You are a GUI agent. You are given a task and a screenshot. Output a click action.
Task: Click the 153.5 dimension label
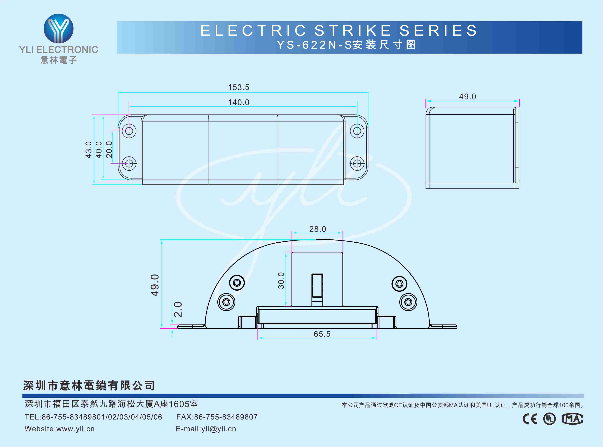[238, 87]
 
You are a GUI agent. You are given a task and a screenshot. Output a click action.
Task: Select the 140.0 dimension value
[238, 102]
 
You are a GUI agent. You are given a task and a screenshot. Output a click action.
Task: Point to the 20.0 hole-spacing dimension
[109, 149]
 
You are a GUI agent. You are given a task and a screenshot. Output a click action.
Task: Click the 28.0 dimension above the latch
[317, 229]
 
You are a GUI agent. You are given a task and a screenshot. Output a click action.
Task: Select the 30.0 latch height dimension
[281, 281]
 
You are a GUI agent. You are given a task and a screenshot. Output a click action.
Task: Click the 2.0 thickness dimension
[178, 309]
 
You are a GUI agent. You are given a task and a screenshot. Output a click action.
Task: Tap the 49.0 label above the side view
[467, 97]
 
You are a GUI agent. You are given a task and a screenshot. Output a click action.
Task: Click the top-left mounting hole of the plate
[129, 131]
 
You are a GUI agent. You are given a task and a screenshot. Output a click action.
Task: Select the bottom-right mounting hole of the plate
[357, 163]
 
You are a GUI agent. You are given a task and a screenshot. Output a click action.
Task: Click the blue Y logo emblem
[59, 28]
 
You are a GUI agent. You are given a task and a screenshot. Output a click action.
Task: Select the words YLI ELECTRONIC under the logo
[59, 50]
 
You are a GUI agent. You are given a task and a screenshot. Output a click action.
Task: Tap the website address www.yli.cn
[75, 429]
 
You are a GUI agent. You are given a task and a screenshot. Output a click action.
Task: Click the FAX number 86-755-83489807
[226, 417]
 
